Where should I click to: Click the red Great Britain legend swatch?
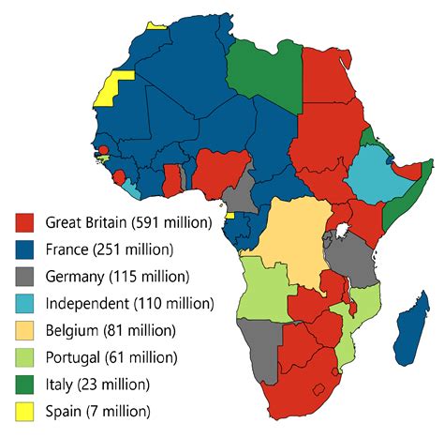(x=26, y=223)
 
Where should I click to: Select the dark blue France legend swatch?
(x=26, y=250)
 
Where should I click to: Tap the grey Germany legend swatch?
(x=26, y=278)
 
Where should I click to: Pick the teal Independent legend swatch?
(x=26, y=304)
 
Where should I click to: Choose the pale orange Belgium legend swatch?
(x=26, y=331)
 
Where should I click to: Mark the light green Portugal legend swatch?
(x=26, y=358)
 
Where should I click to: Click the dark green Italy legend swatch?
(x=26, y=385)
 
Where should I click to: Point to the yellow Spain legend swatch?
(x=26, y=412)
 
